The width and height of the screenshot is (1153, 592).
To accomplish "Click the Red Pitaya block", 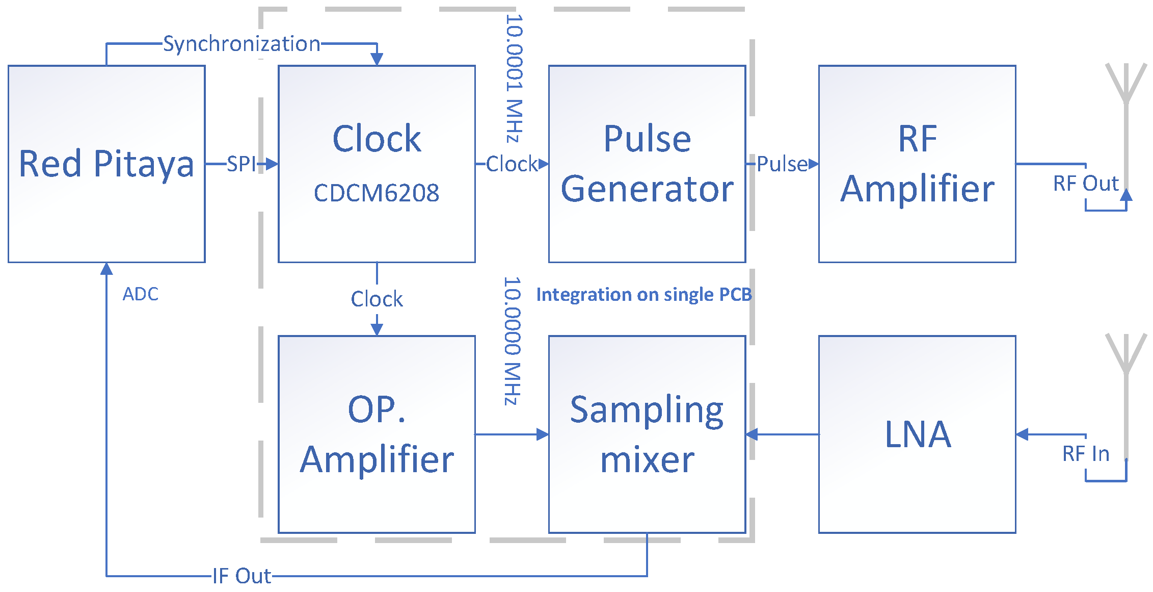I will coord(106,164).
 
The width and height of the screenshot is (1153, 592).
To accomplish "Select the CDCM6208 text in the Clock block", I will coord(376,193).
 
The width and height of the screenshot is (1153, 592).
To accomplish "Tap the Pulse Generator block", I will coord(647,164).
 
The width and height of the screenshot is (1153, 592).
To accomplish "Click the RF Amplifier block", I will coord(917,164).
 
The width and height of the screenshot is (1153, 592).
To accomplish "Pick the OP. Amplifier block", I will coord(377,434).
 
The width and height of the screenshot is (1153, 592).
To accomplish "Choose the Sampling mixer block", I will coord(647,434).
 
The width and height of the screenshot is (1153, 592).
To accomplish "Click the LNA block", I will coord(917,434).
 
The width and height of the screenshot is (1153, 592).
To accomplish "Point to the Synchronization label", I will coord(241,44).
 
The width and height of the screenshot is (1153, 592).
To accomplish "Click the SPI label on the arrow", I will coord(241,164).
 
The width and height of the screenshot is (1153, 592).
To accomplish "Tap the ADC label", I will coord(141,294).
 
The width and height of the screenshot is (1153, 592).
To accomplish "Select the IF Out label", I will coord(242,576).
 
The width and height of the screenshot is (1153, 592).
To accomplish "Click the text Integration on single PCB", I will coord(643,295).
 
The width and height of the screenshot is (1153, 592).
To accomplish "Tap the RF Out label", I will coord(1086,184).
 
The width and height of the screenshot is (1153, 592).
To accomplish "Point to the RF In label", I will coord(1086,454).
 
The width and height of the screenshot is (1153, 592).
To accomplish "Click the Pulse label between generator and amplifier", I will coord(782,164).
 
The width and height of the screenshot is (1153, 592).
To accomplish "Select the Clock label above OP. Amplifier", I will coord(377,299).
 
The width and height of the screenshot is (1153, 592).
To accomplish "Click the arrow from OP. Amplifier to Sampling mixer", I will coord(512,434).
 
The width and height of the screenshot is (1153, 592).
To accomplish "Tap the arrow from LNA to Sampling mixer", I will coord(782,434).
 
